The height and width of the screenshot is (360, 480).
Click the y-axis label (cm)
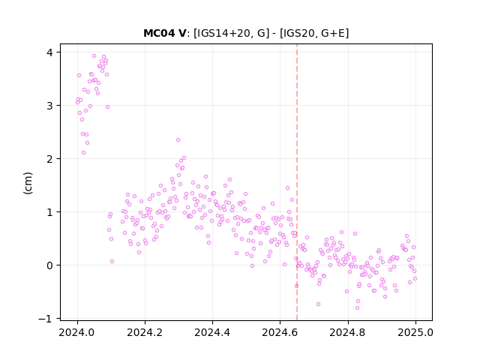(x=28, y=183)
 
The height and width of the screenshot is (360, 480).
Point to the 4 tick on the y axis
(x=49, y=52)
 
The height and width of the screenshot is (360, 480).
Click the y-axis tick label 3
(x=49, y=106)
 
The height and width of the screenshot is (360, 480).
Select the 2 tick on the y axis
(x=49, y=159)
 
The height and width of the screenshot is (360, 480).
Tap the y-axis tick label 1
(x=49, y=212)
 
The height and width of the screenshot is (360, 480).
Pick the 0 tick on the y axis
(x=49, y=265)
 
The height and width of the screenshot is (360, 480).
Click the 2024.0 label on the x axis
(x=77, y=332)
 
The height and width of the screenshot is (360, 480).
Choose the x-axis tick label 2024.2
(x=145, y=332)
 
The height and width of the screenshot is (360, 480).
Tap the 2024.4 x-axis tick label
(x=212, y=332)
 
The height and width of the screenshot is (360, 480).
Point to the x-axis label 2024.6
(x=280, y=332)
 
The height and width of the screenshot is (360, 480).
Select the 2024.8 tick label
(x=348, y=332)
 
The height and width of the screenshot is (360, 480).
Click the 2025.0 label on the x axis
(x=415, y=332)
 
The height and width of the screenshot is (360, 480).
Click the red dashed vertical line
(x=297, y=182)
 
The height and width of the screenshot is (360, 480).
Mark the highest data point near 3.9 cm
(x=94, y=56)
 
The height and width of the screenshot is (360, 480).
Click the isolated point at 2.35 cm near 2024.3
(x=178, y=140)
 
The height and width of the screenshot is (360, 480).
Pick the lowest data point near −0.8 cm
(x=357, y=307)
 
